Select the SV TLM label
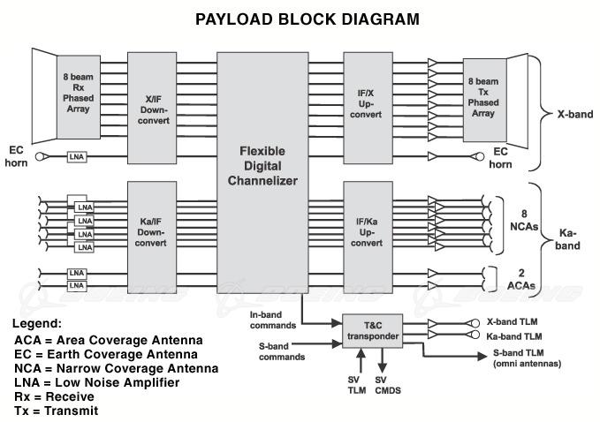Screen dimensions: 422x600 (355, 386)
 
